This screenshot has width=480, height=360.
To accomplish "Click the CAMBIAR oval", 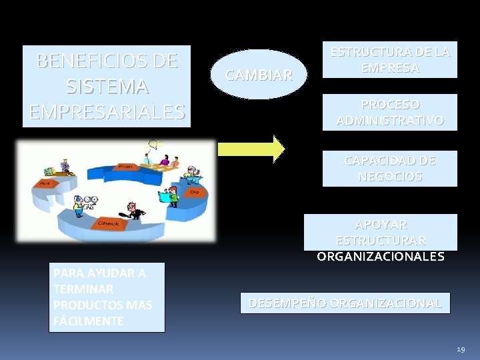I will point(259,75).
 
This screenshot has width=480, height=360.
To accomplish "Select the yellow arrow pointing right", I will point(252,149).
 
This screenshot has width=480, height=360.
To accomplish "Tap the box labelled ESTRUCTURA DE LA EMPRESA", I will point(390,60).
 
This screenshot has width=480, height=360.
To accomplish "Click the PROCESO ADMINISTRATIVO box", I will point(390,112).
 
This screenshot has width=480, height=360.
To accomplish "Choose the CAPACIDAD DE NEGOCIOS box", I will point(390,169).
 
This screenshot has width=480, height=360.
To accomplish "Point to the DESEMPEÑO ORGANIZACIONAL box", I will point(345,303).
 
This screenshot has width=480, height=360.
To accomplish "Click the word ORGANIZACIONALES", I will point(380,256).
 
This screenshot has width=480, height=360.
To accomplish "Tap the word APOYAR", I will point(381,225).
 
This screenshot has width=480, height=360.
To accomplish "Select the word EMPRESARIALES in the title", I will point(107,111).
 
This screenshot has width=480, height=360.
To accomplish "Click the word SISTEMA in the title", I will point(107,87).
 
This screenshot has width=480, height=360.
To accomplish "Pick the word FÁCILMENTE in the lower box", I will point(88,321).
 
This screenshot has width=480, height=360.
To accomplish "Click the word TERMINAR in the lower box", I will point(83,289).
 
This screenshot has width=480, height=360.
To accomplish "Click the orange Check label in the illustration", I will point(109,223).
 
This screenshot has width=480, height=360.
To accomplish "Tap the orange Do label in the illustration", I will point(194,191).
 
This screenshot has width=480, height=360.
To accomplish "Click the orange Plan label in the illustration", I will point(124,166).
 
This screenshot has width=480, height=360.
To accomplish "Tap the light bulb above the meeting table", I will point(156,143).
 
